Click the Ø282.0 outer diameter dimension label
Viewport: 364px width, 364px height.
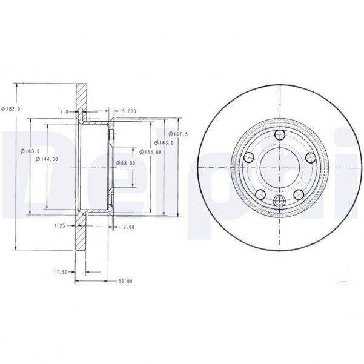click(11, 108)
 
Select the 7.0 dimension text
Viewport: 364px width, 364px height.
click(63, 112)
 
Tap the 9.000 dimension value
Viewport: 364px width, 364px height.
click(128, 111)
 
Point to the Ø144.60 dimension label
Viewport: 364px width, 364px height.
click(47, 159)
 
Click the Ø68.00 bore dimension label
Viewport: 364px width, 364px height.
click(125, 162)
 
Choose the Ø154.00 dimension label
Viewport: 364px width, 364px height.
click(150, 152)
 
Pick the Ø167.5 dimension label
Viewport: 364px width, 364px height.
click(179, 134)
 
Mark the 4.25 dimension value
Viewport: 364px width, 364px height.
click(59, 227)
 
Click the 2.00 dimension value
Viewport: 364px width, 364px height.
click(128, 227)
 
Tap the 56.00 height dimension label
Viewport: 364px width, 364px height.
click(125, 281)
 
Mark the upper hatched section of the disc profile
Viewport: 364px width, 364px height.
click(81, 101)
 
